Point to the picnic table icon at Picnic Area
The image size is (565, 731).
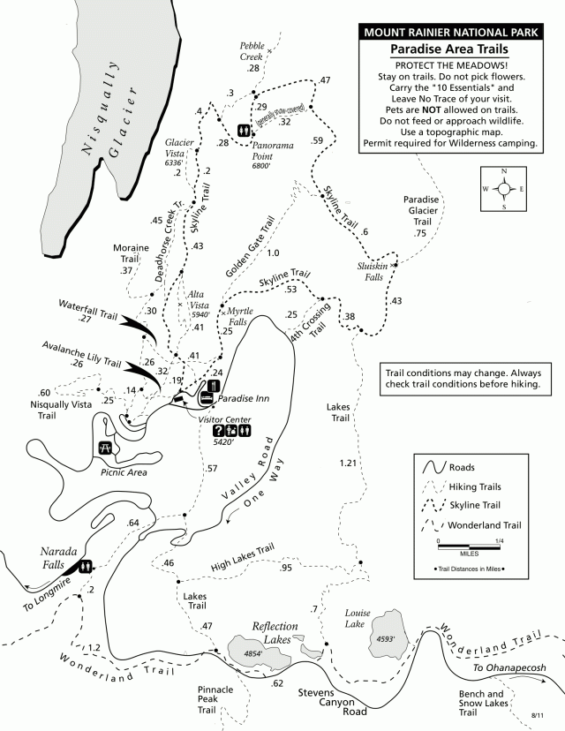click(x=107, y=448)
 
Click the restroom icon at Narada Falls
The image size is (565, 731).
click(x=86, y=566)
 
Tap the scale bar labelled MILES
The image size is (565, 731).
click(x=470, y=542)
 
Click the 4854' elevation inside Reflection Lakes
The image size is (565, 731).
click(x=252, y=653)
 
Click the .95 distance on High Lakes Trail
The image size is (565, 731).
click(x=285, y=568)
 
